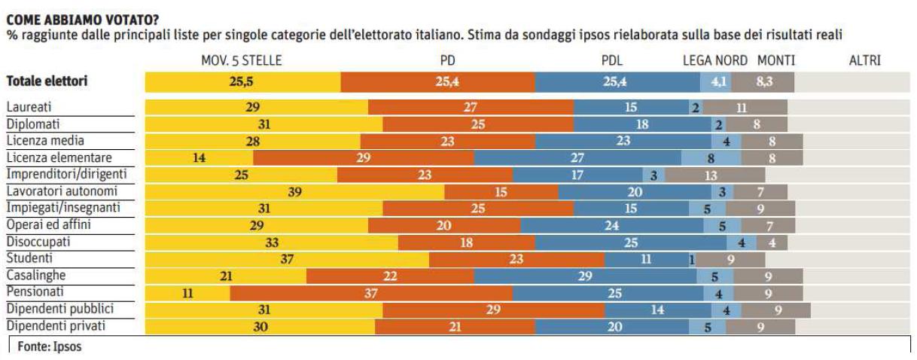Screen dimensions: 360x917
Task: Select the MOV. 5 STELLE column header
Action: pos(242,60)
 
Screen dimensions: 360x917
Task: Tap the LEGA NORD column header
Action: pos(714,60)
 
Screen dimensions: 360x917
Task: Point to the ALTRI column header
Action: pos(864,60)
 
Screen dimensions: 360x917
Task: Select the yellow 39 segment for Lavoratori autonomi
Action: pos(294,191)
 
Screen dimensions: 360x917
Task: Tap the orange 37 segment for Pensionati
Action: pos(370,293)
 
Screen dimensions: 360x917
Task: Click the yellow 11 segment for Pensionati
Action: pos(187,293)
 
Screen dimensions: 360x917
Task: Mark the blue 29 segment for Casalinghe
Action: pos(585,276)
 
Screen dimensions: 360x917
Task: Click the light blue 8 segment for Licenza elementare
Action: pos(711,157)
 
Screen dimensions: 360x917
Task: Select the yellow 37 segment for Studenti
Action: pos(287,259)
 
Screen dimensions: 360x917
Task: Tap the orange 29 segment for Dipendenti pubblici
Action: pos(493,310)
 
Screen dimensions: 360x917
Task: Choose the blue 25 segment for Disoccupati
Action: pos(630,243)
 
